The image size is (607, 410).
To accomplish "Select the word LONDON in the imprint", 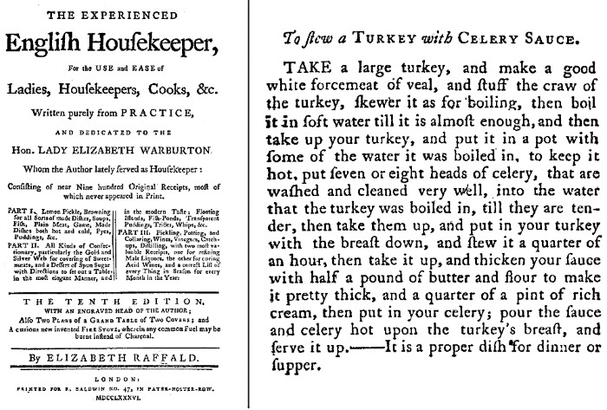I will coord(120,380).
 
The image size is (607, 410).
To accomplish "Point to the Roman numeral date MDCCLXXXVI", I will coord(120,403).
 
